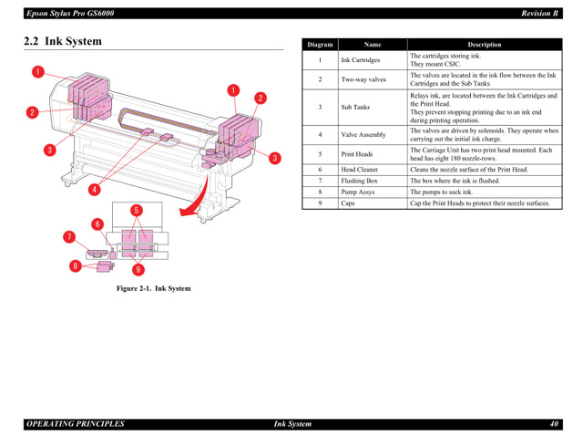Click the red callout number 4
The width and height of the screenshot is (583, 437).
pyautogui.click(x=93, y=191)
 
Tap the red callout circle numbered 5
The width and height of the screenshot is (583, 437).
pyautogui.click(x=136, y=211)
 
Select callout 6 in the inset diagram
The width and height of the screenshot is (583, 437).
pyautogui.click(x=97, y=224)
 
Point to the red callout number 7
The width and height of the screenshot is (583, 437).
pyautogui.click(x=68, y=237)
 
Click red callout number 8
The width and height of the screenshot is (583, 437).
pyautogui.click(x=77, y=266)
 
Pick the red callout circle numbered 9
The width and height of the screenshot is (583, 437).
pyautogui.click(x=138, y=270)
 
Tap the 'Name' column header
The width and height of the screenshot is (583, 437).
pyautogui.click(x=372, y=44)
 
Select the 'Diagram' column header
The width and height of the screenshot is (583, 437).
pyautogui.click(x=320, y=44)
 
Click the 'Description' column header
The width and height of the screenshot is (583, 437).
pyautogui.click(x=484, y=44)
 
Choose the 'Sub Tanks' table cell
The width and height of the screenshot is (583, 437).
pyautogui.click(x=355, y=108)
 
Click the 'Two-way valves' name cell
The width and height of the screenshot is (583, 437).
pyautogui.click(x=363, y=79)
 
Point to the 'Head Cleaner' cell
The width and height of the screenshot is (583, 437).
pyautogui.click(x=360, y=170)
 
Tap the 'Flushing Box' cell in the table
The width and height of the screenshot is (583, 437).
pyautogui.click(x=359, y=181)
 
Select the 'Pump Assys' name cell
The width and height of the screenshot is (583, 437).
pyautogui.click(x=358, y=192)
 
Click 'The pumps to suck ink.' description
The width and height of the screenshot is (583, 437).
pyautogui.click(x=442, y=192)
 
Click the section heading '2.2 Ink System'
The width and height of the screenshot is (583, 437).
pyautogui.click(x=63, y=41)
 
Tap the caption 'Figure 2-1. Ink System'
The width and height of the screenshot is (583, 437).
pyautogui.click(x=153, y=288)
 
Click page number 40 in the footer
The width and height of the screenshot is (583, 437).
pyautogui.click(x=553, y=424)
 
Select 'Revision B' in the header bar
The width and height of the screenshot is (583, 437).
pyautogui.click(x=538, y=13)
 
